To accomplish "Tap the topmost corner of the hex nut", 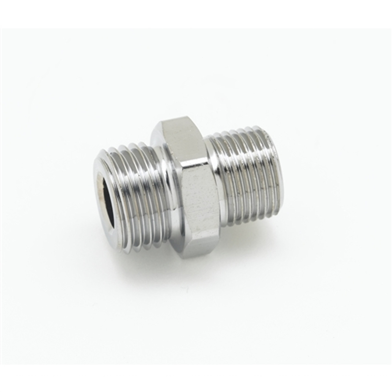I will click(x=163, y=121).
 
